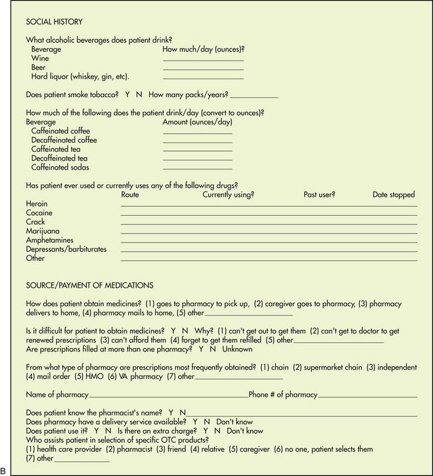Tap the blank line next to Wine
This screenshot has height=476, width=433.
(x=203, y=61)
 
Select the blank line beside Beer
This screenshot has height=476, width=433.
(x=203, y=69)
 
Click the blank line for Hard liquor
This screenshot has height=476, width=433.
(x=203, y=79)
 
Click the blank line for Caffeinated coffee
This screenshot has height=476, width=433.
(x=198, y=134)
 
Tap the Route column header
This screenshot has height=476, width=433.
(x=132, y=195)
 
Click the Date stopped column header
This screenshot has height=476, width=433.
(x=394, y=195)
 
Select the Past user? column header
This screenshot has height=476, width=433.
(x=319, y=195)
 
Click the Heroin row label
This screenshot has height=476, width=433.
(x=37, y=204)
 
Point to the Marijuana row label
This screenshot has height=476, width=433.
(x=42, y=231)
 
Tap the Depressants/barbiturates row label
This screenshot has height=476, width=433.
(x=66, y=249)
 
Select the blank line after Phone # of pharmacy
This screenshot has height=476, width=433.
(x=367, y=396)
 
